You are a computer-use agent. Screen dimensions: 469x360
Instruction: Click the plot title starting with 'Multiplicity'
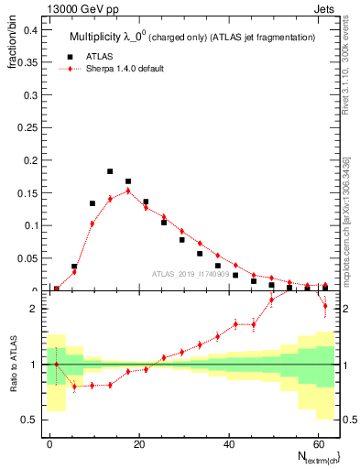(192, 37)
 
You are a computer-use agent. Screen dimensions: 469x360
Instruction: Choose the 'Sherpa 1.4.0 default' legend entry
(118, 70)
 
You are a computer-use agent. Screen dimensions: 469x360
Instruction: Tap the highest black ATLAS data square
(110, 171)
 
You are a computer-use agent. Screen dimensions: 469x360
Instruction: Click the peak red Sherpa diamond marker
(128, 191)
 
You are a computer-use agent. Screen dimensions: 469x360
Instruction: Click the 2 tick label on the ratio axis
(34, 309)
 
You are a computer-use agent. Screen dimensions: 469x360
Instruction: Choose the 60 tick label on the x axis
(317, 442)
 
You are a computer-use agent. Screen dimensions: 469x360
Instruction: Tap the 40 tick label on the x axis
(228, 442)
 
